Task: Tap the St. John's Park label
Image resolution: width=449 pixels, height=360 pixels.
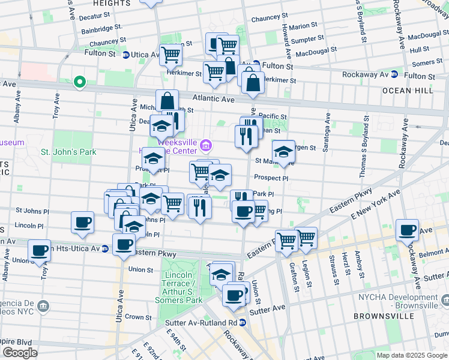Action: (x=68, y=152)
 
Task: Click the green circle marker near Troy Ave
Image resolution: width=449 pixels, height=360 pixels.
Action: (x=79, y=82)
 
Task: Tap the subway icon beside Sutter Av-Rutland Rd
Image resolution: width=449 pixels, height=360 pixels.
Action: (x=243, y=322)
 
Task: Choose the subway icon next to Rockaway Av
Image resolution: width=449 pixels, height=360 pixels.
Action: (x=394, y=74)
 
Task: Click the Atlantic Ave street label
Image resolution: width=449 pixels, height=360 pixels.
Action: (x=214, y=98)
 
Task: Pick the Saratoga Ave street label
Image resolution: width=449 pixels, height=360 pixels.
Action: (x=325, y=134)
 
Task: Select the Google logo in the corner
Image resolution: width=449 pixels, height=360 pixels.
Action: (x=20, y=352)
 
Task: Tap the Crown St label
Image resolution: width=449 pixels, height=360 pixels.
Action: (x=138, y=317)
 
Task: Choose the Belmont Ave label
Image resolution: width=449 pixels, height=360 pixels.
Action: (x=432, y=254)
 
